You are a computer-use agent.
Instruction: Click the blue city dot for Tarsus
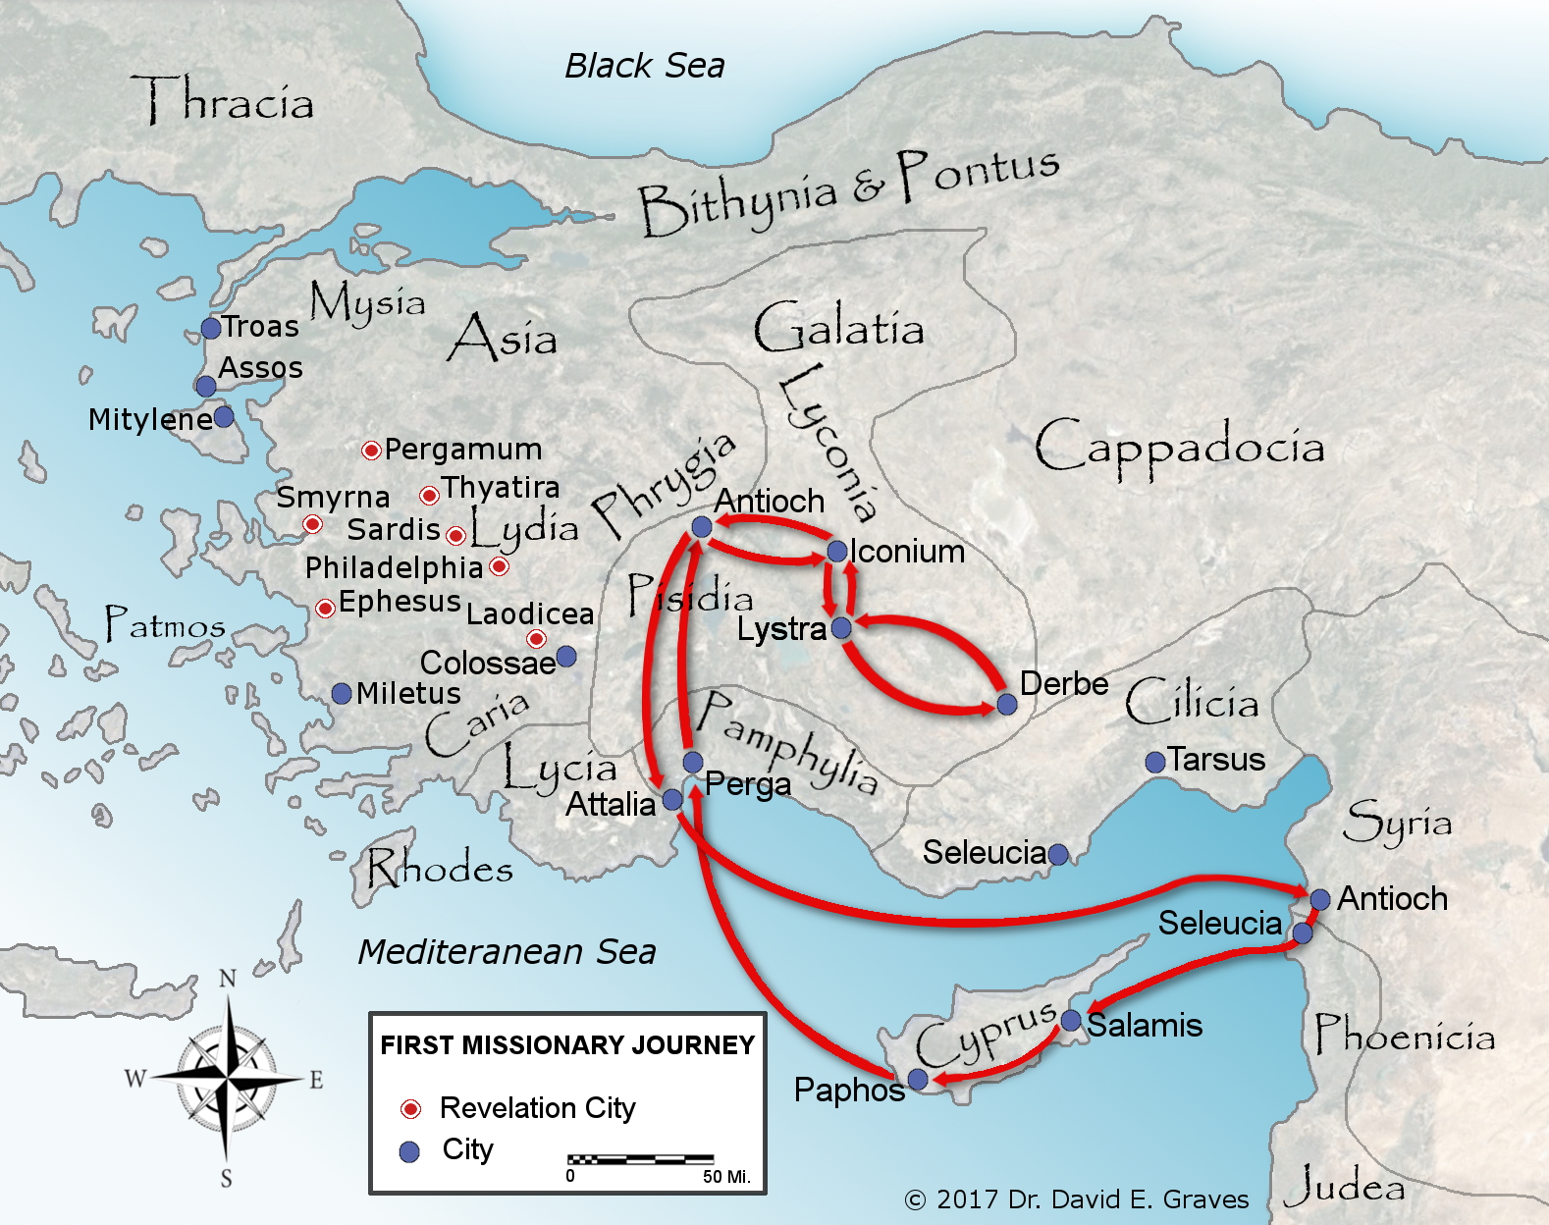pos(1155,762)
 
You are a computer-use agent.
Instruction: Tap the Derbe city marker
pos(1006,704)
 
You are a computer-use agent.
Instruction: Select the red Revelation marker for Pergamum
pos(371,451)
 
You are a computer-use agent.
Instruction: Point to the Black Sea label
pos(645,66)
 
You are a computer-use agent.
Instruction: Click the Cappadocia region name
pos(1179,447)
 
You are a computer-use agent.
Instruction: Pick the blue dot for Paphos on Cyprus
pos(918,1080)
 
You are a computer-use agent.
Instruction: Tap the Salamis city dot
pos(1072,1020)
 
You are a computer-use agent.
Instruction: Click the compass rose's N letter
pos(227,979)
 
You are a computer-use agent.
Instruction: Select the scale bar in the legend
pos(640,1159)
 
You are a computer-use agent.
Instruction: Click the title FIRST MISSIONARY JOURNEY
pos(567,1045)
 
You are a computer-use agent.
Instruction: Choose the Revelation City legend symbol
pos(410,1109)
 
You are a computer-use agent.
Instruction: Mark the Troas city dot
pos(211,328)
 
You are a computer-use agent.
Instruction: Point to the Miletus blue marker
pos(342,694)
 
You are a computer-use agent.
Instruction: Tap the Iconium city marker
pos(837,552)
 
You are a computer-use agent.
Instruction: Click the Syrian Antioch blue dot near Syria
pos(1320,899)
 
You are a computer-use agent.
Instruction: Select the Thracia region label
pos(224,100)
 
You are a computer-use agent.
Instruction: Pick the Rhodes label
pos(440,869)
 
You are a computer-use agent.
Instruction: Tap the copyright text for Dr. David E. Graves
pos(1077,1199)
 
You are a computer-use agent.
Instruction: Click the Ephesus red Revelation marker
pos(326,609)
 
